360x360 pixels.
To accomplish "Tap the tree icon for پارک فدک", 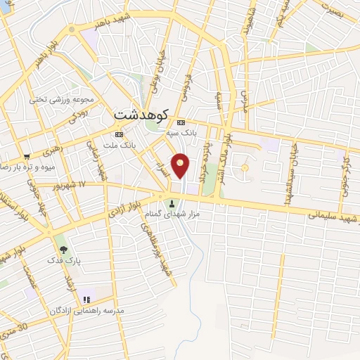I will point(64,248).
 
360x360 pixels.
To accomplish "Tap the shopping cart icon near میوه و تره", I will point(27,157).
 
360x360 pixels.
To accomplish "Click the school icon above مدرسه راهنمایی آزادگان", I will point(86,300).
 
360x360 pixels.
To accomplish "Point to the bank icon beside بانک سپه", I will point(179,121).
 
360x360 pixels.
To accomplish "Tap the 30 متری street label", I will point(15,328).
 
